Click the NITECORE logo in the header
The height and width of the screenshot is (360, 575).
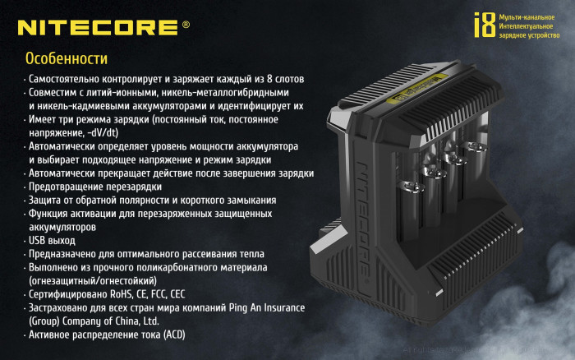pyautogui.click(x=98, y=26)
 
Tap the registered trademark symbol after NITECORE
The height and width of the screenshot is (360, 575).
pyautogui.click(x=186, y=25)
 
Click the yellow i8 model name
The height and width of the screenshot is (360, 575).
pyautogui.click(x=485, y=25)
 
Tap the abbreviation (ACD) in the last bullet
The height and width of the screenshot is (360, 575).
pyautogui.click(x=176, y=335)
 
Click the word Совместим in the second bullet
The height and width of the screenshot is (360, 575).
pyautogui.click(x=53, y=92)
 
